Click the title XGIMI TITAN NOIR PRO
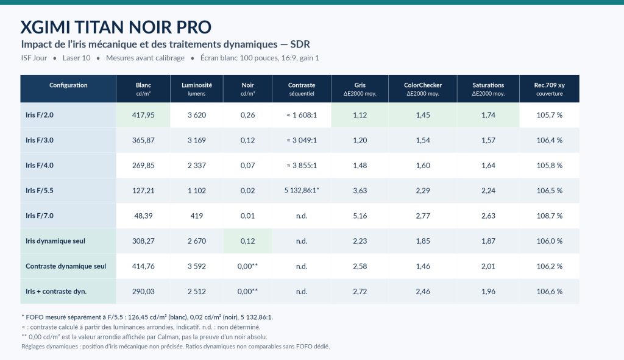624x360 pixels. (x=116, y=27)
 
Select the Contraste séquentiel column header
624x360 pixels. (x=302, y=89)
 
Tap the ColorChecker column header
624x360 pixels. (x=423, y=89)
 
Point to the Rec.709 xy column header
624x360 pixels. (x=549, y=89)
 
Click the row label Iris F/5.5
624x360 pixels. (x=40, y=191)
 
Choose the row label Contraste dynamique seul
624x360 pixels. (x=66, y=266)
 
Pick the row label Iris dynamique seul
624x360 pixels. (x=55, y=241)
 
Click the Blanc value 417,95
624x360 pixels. (x=143, y=115)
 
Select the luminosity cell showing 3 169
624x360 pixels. (x=197, y=140)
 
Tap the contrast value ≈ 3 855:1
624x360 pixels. (x=302, y=166)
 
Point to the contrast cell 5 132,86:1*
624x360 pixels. (x=302, y=191)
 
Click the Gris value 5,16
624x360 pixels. (x=360, y=216)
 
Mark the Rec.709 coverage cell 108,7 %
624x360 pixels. (x=549, y=216)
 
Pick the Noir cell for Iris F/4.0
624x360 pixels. (x=247, y=166)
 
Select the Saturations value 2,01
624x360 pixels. (x=488, y=266)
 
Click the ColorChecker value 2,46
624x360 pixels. (x=423, y=292)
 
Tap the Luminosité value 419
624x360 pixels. (x=197, y=216)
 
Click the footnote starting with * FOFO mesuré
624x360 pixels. (x=147, y=317)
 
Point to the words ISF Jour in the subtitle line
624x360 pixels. (x=34, y=58)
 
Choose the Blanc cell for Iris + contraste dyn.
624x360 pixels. (x=143, y=292)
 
